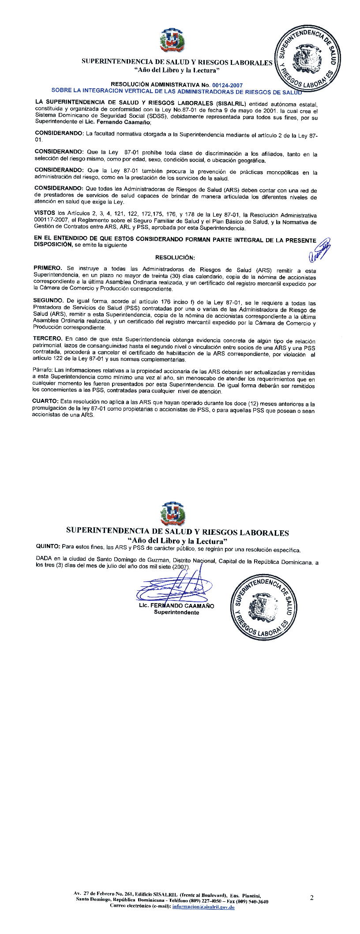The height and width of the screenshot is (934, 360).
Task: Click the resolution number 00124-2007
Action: point(227,85)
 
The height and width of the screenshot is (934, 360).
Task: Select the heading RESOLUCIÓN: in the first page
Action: point(175,257)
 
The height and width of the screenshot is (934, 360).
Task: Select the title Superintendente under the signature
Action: point(173,612)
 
